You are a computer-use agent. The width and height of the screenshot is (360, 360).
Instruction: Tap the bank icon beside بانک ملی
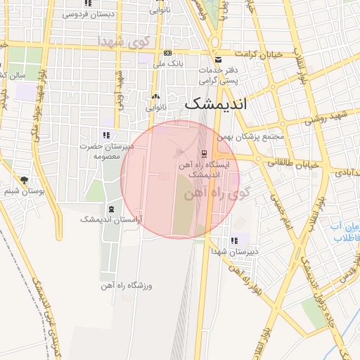click(167, 53)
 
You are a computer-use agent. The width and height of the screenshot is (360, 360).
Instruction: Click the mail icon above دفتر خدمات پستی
click(218, 60)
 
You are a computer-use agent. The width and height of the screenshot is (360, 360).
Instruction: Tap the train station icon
click(205, 154)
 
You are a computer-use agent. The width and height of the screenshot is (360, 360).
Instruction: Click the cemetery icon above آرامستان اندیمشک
click(111, 210)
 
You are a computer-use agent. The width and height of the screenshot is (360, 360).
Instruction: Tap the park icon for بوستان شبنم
click(25, 181)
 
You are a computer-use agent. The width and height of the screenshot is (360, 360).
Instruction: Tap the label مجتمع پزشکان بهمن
click(251, 136)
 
